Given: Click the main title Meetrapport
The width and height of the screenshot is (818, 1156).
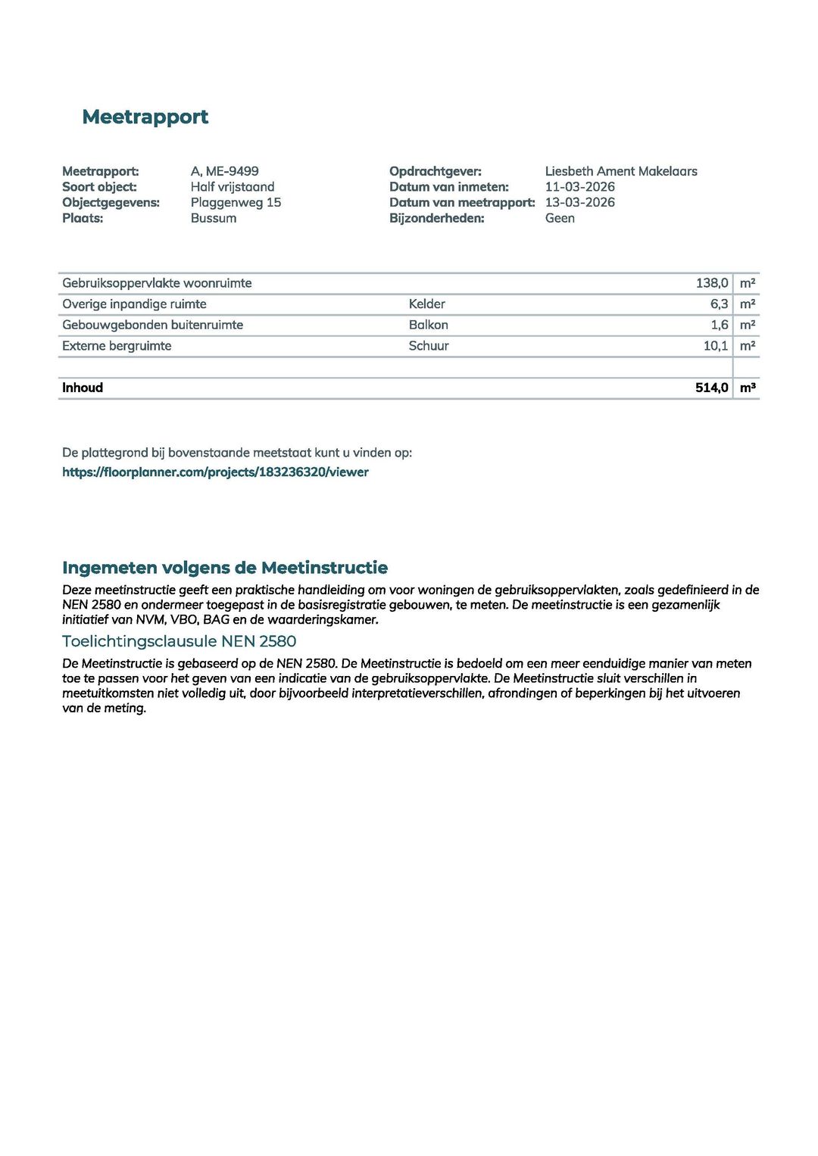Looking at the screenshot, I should pyautogui.click(x=145, y=117).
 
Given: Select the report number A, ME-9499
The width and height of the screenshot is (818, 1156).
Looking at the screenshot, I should pyautogui.click(x=224, y=171).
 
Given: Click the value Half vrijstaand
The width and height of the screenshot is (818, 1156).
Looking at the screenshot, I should pyautogui.click(x=232, y=187).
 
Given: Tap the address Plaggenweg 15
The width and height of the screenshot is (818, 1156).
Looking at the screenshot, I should pyautogui.click(x=236, y=202).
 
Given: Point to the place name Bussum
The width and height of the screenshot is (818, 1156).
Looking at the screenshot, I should pyautogui.click(x=213, y=218).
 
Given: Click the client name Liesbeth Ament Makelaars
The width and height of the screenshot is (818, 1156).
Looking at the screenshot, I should pyautogui.click(x=620, y=171).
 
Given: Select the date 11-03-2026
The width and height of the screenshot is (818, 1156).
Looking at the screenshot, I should pyautogui.click(x=579, y=187).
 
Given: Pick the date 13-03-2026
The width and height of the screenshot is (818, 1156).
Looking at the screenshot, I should pyautogui.click(x=579, y=202).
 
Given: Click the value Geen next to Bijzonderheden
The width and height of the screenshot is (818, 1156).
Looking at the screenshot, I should pyautogui.click(x=560, y=218).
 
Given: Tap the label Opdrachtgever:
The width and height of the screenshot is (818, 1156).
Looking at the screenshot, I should pyautogui.click(x=435, y=171).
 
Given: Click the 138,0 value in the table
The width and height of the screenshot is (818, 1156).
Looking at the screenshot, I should pyautogui.click(x=711, y=283).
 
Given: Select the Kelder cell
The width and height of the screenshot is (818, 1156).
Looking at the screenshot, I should pyautogui.click(x=426, y=304).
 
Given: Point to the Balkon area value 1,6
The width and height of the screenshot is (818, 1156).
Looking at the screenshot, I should pyautogui.click(x=719, y=325).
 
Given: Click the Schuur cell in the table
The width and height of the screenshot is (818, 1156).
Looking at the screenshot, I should pyautogui.click(x=429, y=346).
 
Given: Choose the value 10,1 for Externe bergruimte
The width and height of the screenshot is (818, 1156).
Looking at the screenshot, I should pyautogui.click(x=715, y=346).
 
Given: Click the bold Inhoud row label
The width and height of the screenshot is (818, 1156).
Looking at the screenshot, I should pyautogui.click(x=83, y=388).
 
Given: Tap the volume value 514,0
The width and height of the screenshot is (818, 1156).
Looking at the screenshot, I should pyautogui.click(x=711, y=388).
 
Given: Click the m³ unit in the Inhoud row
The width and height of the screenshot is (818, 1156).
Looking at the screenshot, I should pyautogui.click(x=748, y=388).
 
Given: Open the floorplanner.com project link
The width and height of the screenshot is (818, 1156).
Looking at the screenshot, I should pyautogui.click(x=215, y=472).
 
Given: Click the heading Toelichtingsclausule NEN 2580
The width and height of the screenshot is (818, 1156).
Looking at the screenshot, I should pyautogui.click(x=179, y=641).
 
